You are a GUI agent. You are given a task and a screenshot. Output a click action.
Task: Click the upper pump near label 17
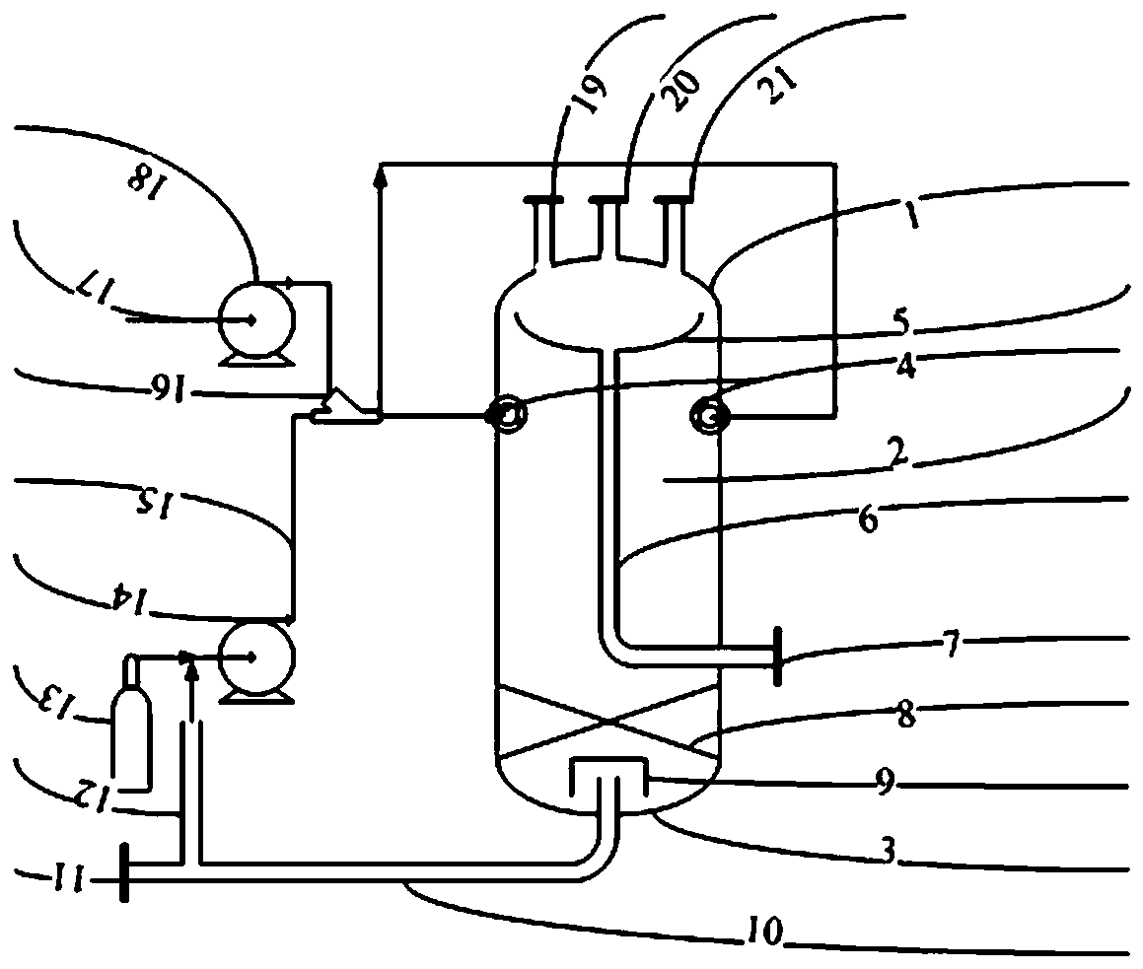click(x=251, y=319)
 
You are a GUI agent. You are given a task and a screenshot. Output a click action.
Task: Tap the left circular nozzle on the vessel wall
click(x=508, y=417)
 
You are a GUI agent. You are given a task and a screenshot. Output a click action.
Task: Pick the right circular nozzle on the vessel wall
click(x=709, y=417)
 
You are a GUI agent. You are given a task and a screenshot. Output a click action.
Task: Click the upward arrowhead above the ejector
click(x=380, y=176)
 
